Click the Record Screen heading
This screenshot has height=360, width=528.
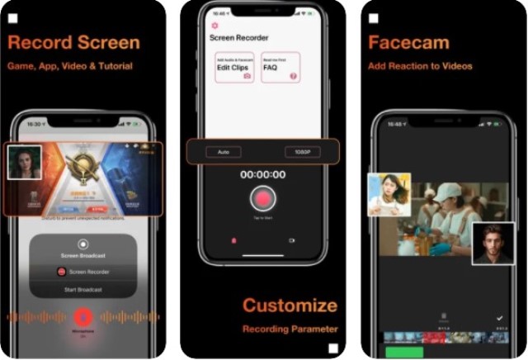click(73, 42)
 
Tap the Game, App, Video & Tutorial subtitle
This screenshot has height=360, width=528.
click(70, 66)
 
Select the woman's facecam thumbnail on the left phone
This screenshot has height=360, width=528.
click(25, 162)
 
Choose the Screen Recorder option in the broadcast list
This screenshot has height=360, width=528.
click(83, 272)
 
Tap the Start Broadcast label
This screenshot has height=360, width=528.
click(83, 290)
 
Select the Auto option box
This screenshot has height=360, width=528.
click(224, 152)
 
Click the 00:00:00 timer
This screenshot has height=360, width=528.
click(262, 175)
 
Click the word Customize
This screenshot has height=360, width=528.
click(290, 306)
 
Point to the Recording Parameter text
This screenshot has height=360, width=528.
click(290, 329)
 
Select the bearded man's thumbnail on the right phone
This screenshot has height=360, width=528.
click(493, 243)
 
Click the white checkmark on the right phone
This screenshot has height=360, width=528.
click(499, 317)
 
